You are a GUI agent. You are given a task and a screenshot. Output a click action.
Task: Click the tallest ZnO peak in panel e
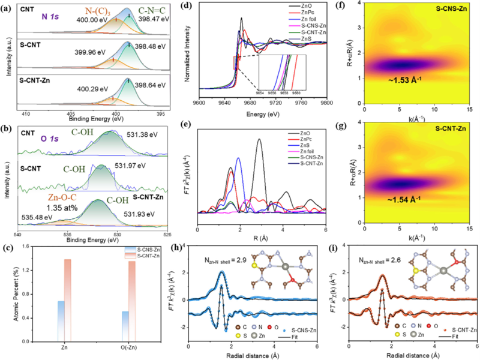(x=259, y=139)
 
